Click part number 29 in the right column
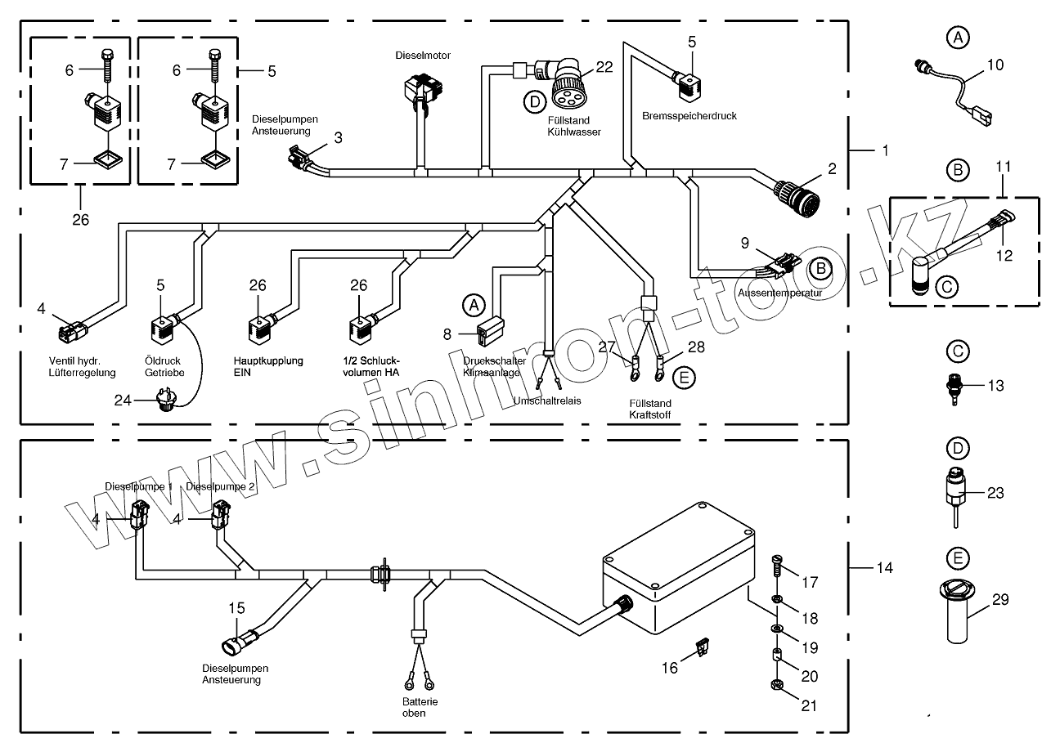point(999,600)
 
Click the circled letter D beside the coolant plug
point(533,101)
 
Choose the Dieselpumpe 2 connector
point(221,517)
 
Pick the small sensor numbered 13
point(954,384)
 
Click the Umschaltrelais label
point(548,401)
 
